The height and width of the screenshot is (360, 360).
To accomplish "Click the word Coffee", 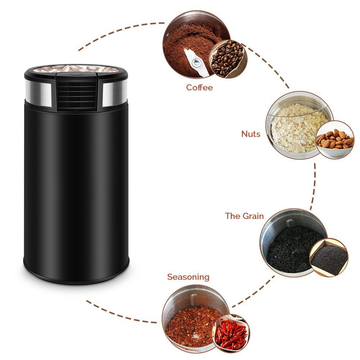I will pyautogui.click(x=199, y=87).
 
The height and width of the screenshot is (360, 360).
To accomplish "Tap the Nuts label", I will pyautogui.click(x=251, y=134).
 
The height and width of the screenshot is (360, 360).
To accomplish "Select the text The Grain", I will pyautogui.click(x=244, y=216).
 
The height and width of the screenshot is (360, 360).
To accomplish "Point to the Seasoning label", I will pyautogui.click(x=188, y=277).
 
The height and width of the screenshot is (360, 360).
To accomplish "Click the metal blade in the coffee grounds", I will pyautogui.click(x=196, y=62).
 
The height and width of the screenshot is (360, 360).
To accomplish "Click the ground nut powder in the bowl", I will pyautogui.click(x=293, y=128).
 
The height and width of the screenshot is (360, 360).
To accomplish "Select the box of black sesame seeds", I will pyautogui.click(x=329, y=257).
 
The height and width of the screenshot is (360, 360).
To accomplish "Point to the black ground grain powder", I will pyautogui.click(x=288, y=248).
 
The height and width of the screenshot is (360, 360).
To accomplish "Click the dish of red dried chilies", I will pyautogui.click(x=231, y=333).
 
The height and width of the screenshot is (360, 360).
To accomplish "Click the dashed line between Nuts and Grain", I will pyautogui.click(x=314, y=185).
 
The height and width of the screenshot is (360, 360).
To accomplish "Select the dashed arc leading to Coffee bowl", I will pyautogui.click(x=119, y=31).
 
